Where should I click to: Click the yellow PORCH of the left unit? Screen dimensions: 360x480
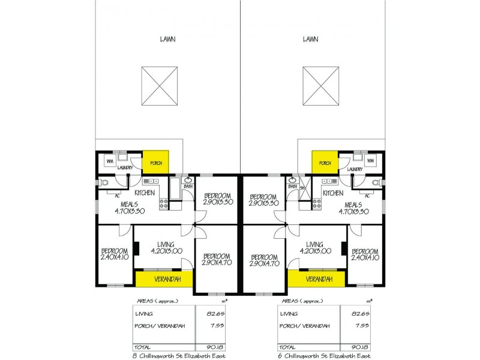[x=155, y=163]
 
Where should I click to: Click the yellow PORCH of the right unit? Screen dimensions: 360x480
[x=325, y=163]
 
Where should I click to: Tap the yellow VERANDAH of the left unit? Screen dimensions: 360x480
[x=163, y=279]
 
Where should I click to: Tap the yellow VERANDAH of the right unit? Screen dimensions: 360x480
[x=316, y=279]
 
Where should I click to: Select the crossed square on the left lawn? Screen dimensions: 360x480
[x=160, y=86]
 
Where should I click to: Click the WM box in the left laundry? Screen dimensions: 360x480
[x=110, y=161]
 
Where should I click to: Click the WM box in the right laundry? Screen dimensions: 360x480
[x=370, y=161]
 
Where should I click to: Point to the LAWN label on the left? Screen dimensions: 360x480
[x=167, y=40]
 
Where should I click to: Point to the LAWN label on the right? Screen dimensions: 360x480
[x=310, y=40]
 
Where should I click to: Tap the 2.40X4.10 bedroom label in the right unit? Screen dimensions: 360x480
[x=365, y=254]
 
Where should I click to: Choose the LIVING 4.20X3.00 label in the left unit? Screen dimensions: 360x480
[x=166, y=248]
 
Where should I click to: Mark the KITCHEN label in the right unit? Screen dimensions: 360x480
[x=334, y=193]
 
